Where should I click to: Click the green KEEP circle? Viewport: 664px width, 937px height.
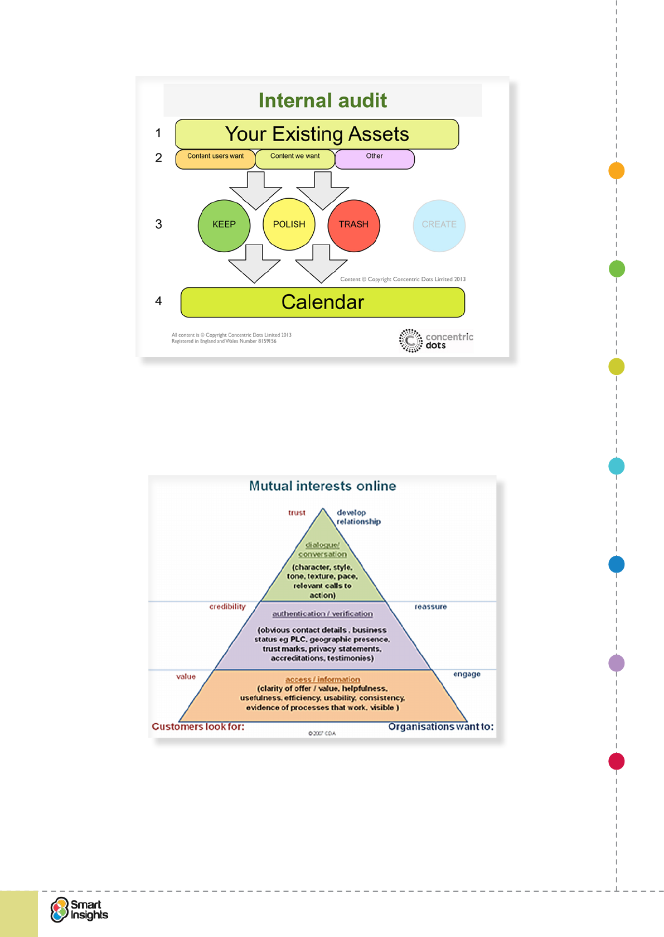pyautogui.click(x=224, y=225)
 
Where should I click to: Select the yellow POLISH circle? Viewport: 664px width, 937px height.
pyautogui.click(x=289, y=224)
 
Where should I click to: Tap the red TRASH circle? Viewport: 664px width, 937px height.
pyautogui.click(x=353, y=225)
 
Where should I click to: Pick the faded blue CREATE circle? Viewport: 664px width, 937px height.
pyautogui.click(x=439, y=225)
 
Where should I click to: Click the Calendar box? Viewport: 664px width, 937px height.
pyautogui.click(x=322, y=302)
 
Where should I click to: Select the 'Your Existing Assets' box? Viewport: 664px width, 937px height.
pyautogui.click(x=317, y=134)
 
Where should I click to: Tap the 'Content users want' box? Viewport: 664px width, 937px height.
pyautogui.click(x=215, y=159)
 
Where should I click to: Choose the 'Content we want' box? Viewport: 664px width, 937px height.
pyautogui.click(x=295, y=159)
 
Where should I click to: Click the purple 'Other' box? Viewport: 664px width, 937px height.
pyautogui.click(x=375, y=159)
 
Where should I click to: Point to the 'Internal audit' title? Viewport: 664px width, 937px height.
pyautogui.click(x=322, y=100)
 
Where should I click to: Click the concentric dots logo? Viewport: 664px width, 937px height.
pyautogui.click(x=435, y=340)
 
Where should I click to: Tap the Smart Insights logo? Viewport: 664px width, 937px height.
pyautogui.click(x=79, y=910)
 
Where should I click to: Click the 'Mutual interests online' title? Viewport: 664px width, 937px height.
pyautogui.click(x=322, y=486)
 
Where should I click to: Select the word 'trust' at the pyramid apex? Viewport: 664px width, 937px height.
pyautogui.click(x=297, y=513)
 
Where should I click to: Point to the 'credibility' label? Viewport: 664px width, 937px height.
pyautogui.click(x=227, y=607)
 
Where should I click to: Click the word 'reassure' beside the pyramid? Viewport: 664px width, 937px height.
pyautogui.click(x=430, y=607)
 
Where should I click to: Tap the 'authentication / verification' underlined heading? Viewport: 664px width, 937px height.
pyautogui.click(x=322, y=614)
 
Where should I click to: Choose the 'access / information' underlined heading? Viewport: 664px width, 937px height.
pyautogui.click(x=322, y=679)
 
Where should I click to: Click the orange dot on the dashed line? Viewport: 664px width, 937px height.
pyautogui.click(x=616, y=171)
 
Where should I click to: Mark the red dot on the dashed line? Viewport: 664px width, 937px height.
pyautogui.click(x=616, y=761)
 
